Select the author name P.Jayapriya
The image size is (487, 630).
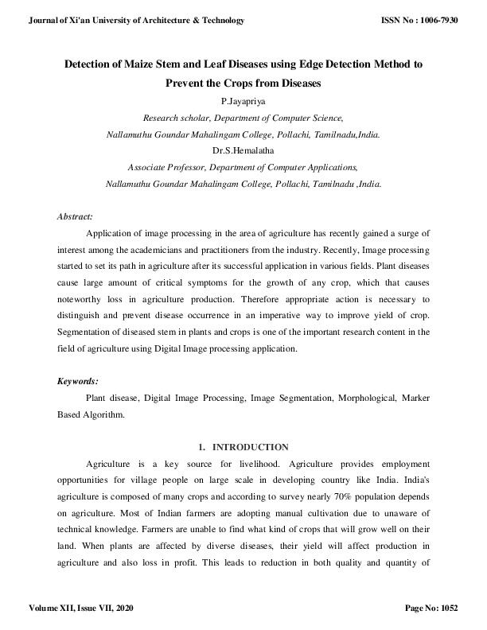tap(243, 101)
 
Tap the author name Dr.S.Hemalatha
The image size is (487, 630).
tap(243, 150)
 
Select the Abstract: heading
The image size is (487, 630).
tap(76, 216)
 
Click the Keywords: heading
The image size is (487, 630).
tap(78, 382)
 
